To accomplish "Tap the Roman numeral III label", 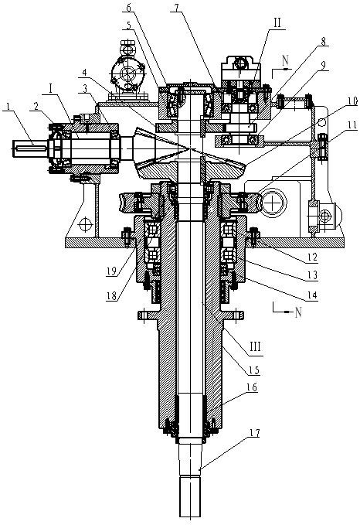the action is (x=255, y=346).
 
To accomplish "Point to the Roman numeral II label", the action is (x=277, y=23).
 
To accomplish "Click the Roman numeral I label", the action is (x=50, y=89).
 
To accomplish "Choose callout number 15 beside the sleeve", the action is (x=256, y=370).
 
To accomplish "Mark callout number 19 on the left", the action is (x=111, y=271).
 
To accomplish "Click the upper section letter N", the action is (x=285, y=61).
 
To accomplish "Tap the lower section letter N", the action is (x=298, y=312).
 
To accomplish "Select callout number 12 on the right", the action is (x=313, y=257).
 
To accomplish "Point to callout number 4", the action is (x=85, y=73).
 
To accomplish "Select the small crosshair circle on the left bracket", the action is (x=85, y=224).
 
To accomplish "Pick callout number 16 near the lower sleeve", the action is (x=252, y=387).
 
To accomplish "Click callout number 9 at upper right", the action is (x=322, y=65).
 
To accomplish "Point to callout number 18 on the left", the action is (x=112, y=295).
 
